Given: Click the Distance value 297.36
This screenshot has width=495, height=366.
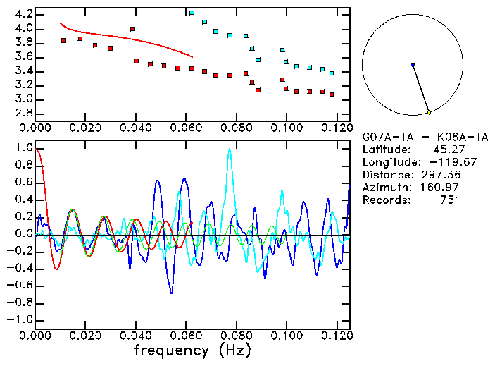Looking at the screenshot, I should (x=438, y=174).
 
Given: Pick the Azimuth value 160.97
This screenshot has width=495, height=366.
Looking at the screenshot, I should (x=438, y=187).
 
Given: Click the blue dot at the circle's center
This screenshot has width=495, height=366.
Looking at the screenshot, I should (x=413, y=65).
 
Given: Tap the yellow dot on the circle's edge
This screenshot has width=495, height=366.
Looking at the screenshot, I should (x=429, y=112).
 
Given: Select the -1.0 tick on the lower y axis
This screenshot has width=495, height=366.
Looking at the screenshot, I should (x=20, y=319).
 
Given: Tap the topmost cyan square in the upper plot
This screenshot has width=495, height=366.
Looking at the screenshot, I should (x=192, y=13).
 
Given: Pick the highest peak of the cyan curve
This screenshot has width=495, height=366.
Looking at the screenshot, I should (x=229, y=149).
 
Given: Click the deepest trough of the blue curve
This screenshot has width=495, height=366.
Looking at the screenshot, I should (x=171, y=293).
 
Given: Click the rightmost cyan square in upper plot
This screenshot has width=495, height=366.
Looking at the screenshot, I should (x=332, y=73).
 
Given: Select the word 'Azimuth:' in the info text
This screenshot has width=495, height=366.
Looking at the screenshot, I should (x=384, y=187).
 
